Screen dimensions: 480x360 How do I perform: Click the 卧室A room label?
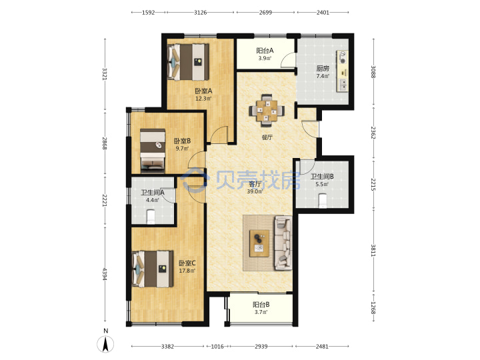203,91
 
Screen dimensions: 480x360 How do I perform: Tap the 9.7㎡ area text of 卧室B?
182,149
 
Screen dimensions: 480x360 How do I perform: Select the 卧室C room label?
187,263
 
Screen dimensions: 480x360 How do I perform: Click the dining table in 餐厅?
267,111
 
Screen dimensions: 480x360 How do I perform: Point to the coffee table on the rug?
259,243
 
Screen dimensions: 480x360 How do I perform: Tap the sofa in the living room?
283,243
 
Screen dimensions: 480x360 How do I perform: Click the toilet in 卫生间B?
323,201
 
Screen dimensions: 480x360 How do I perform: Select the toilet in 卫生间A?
151,217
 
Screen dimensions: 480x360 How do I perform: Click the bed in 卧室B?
153,150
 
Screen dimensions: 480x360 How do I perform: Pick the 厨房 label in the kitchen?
323,69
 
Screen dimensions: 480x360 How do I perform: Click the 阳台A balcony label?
265,51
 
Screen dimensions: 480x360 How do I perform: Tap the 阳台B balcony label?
261,305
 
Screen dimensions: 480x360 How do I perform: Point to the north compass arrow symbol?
105,344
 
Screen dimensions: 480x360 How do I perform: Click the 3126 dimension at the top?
200,13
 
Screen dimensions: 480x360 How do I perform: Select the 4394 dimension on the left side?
105,274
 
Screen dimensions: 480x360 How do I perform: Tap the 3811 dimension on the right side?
373,250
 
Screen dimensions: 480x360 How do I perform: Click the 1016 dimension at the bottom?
217,347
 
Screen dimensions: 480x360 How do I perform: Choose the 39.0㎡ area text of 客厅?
255,191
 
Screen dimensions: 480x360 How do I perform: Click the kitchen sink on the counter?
343,85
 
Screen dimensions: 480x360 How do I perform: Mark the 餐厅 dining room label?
267,137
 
